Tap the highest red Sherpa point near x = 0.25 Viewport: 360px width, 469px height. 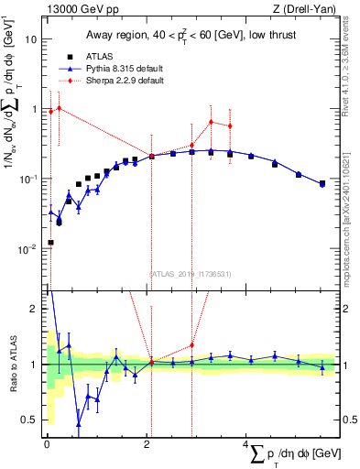[59, 108]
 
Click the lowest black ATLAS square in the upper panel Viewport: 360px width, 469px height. [49, 243]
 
